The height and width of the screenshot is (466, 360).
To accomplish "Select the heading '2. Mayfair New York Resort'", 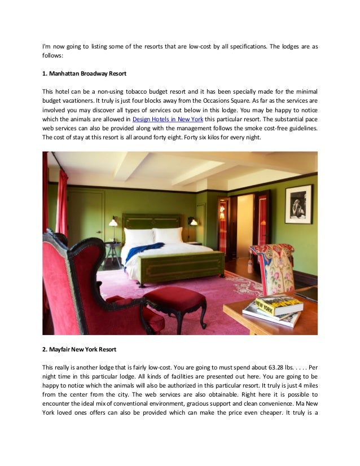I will (80, 349).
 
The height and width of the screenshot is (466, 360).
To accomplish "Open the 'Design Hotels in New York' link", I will (168, 120).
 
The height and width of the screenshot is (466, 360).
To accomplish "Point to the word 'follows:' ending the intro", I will (54, 57).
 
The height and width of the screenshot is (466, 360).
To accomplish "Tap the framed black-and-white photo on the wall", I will (298, 204).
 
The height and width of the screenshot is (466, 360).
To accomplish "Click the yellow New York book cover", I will (279, 305).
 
